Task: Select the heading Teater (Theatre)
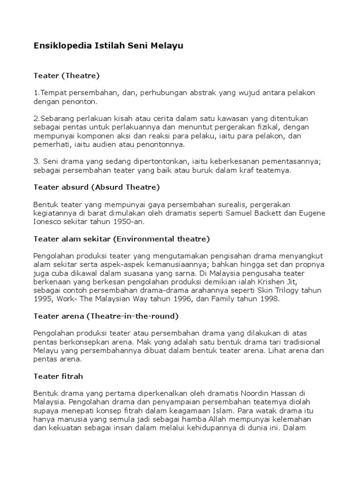(67, 75)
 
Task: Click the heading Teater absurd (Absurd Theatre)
(97, 187)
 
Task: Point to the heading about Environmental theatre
(121, 239)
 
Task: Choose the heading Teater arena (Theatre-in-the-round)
(106, 316)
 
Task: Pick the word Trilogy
(287, 291)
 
